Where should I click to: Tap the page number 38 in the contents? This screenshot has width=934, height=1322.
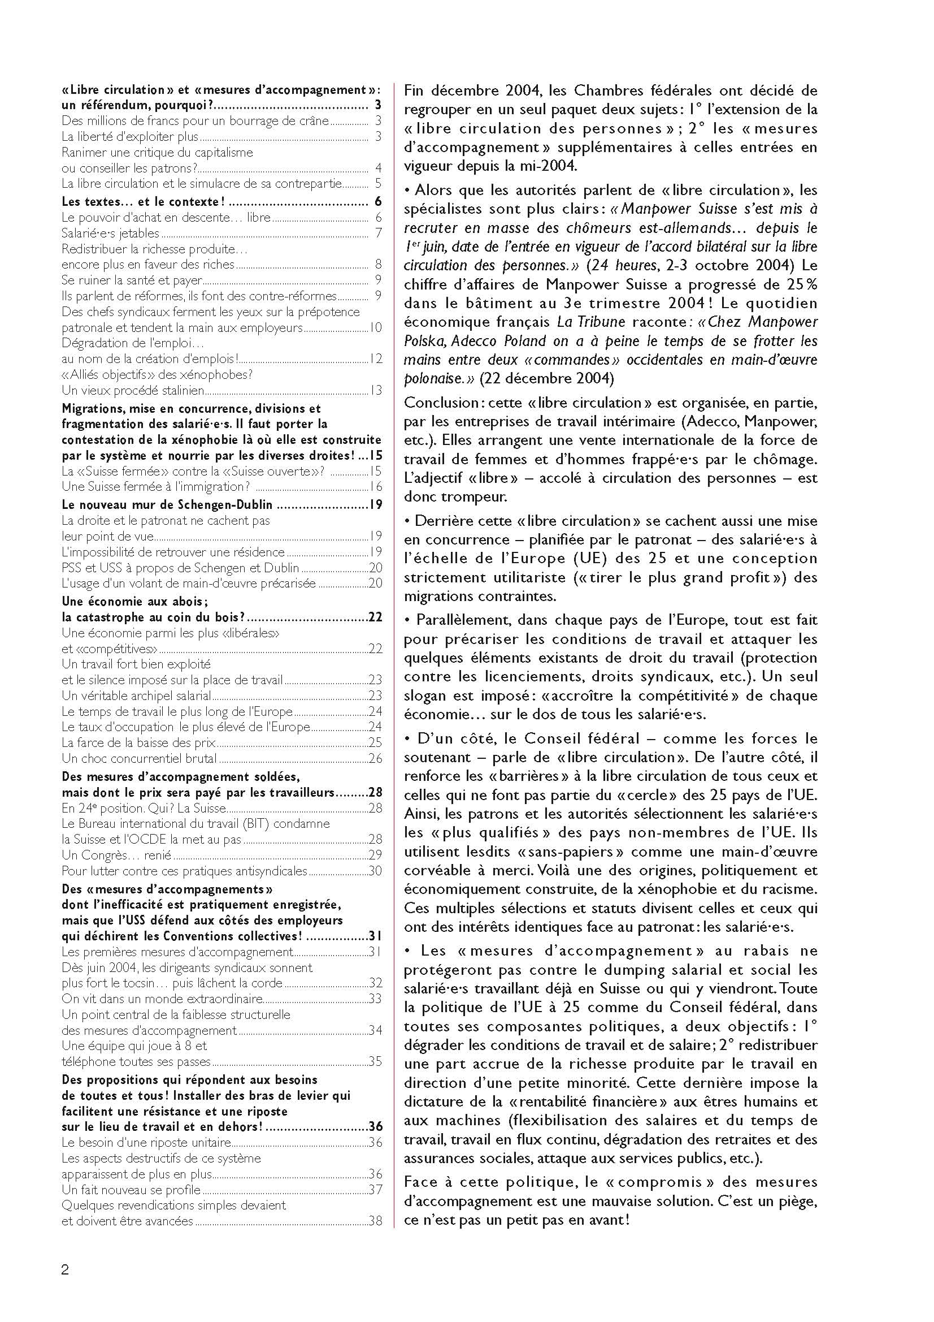[x=375, y=1221]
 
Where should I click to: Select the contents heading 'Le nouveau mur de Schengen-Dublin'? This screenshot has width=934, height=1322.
[x=167, y=505]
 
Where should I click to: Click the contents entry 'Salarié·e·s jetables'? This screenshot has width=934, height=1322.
[x=111, y=233]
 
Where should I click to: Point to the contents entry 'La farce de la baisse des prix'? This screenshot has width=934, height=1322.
[x=141, y=742]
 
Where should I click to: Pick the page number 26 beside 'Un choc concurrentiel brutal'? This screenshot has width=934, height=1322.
[x=375, y=758]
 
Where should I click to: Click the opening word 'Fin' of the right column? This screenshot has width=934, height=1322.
[x=414, y=90]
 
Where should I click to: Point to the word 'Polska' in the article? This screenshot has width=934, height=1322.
[x=424, y=341]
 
